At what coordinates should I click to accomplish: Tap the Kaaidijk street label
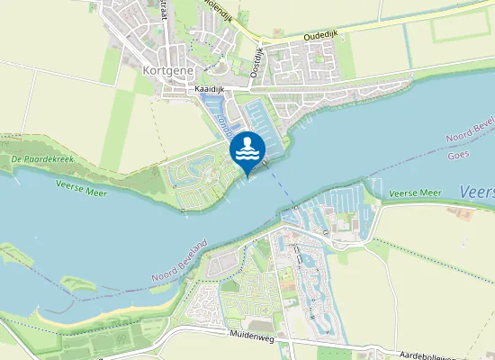coord(209,91)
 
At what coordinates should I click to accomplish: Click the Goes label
coord(459,154)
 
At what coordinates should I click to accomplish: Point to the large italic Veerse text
coord(476,192)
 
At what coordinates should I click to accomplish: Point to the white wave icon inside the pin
coord(247,152)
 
